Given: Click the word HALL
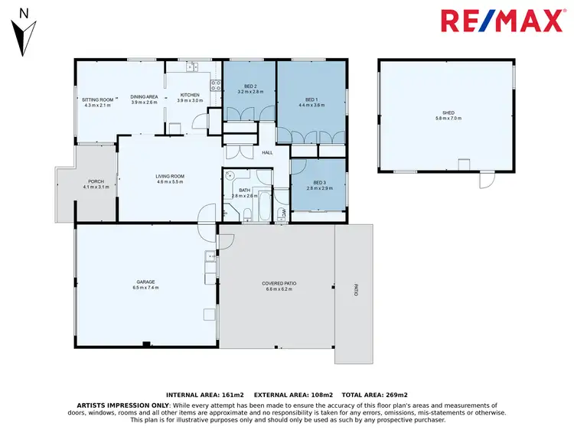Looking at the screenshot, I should [x=267, y=153].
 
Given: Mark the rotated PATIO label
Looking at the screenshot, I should [x=355, y=291].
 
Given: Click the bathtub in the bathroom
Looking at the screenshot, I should [x=264, y=205].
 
